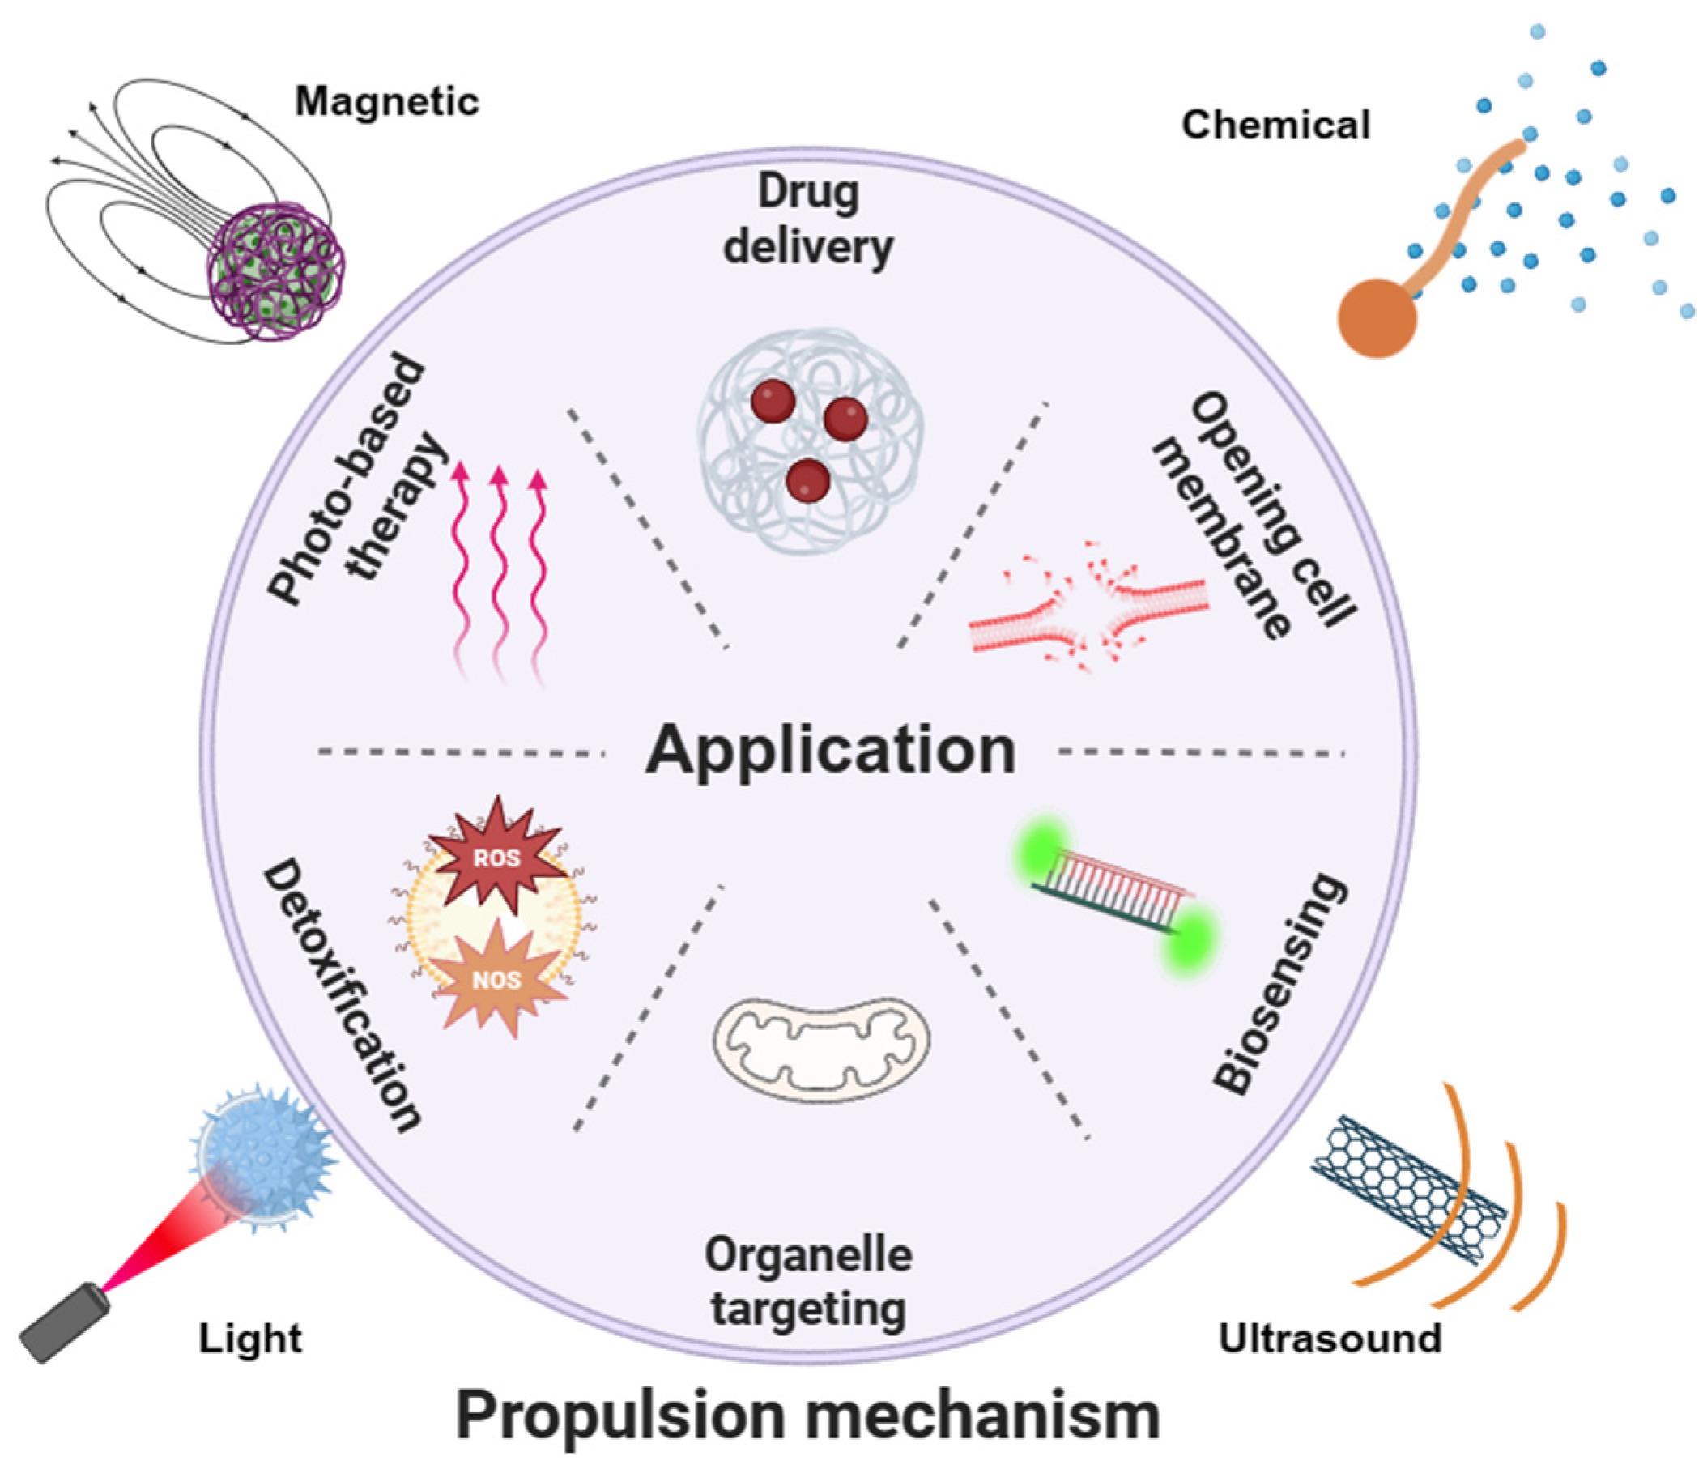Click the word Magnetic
click(x=387, y=102)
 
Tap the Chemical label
click(x=1275, y=125)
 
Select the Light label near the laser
click(x=251, y=1339)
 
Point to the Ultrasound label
click(x=1330, y=1339)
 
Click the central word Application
click(x=830, y=750)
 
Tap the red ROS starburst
click(x=496, y=857)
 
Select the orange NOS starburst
click(x=496, y=980)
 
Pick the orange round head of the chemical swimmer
click(x=1377, y=318)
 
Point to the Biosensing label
click(x=1280, y=984)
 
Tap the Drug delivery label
click(x=808, y=219)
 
